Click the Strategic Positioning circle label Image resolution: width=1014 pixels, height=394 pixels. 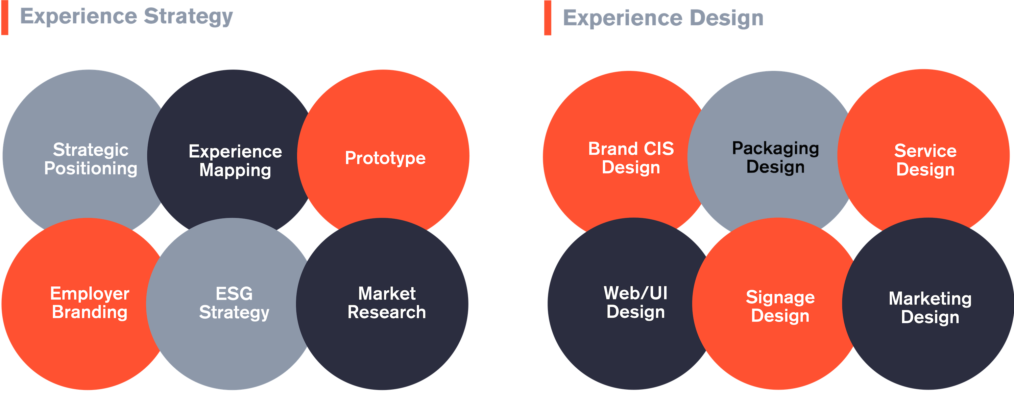pyautogui.click(x=91, y=159)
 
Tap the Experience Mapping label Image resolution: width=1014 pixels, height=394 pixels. pyautogui.click(x=235, y=161)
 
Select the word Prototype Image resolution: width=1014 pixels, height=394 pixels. pyautogui.click(x=385, y=158)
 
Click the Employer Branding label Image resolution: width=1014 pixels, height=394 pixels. pyautogui.click(x=90, y=303)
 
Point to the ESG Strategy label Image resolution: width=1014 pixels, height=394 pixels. pyautogui.click(x=234, y=303)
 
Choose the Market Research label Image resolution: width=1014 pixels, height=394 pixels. pyautogui.click(x=387, y=303)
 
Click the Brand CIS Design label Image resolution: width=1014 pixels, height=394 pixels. pyautogui.click(x=631, y=158)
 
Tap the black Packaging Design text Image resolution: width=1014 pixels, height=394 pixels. pyautogui.click(x=775, y=157)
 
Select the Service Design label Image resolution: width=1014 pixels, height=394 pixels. pyautogui.click(x=925, y=160)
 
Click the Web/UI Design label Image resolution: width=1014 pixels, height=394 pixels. pyautogui.click(x=636, y=303)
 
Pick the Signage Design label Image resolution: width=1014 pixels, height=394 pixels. pyautogui.click(x=780, y=306)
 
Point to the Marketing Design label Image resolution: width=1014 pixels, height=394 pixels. pyautogui.click(x=930, y=308)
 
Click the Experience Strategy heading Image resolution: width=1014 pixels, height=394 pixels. pyautogui.click(x=126, y=17)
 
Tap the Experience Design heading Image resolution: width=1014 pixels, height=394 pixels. pyautogui.click(x=663, y=18)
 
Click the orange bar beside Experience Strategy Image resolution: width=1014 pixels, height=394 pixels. pyautogui.click(x=5, y=18)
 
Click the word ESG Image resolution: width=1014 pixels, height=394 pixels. pyautogui.click(x=234, y=294)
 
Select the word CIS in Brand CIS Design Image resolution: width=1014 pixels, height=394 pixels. pyautogui.click(x=659, y=149)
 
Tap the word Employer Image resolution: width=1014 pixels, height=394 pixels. pyautogui.click(x=90, y=294)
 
